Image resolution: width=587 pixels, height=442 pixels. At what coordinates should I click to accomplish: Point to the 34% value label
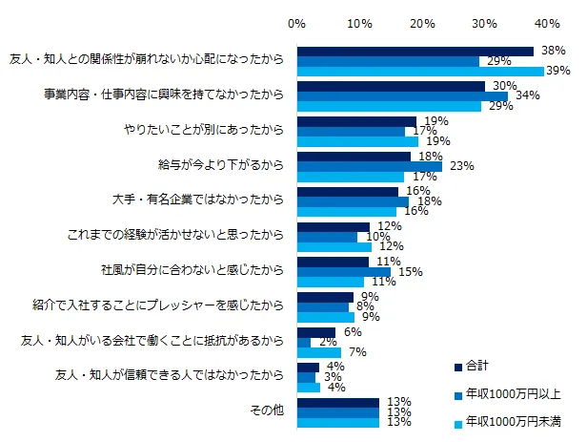[x=528, y=95]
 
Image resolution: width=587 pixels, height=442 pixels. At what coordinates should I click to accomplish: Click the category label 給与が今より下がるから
[x=219, y=165]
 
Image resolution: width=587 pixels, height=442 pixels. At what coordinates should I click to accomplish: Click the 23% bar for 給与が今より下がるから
[x=370, y=166]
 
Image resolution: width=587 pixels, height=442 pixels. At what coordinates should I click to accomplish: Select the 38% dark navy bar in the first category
[x=415, y=51]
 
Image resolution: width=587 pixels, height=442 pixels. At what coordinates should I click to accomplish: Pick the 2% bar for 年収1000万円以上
[x=304, y=342]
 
